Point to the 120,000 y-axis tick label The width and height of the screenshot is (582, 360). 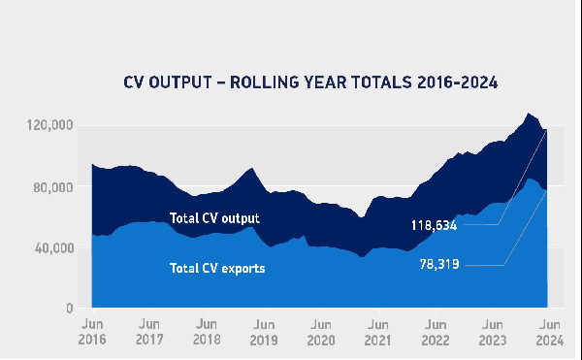(x=48, y=126)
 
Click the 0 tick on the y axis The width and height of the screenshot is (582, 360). (x=69, y=309)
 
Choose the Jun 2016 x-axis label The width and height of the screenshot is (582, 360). (x=92, y=332)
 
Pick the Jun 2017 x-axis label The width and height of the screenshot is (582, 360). (x=149, y=332)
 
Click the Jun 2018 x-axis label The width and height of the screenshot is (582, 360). (x=207, y=332)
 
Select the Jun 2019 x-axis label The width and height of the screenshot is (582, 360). (x=264, y=332)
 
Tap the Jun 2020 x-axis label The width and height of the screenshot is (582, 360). (x=321, y=332)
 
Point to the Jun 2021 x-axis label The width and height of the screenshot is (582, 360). (x=378, y=332)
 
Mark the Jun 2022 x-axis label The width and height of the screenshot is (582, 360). (x=436, y=332)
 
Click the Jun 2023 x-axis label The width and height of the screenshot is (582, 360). (x=493, y=332)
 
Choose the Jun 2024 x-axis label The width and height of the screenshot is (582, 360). (x=549, y=332)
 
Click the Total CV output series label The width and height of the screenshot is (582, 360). (x=214, y=218)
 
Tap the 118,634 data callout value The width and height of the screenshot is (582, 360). (x=436, y=225)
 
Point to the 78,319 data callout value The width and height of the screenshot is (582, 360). (x=440, y=263)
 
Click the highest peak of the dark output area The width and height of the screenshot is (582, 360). (x=528, y=114)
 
